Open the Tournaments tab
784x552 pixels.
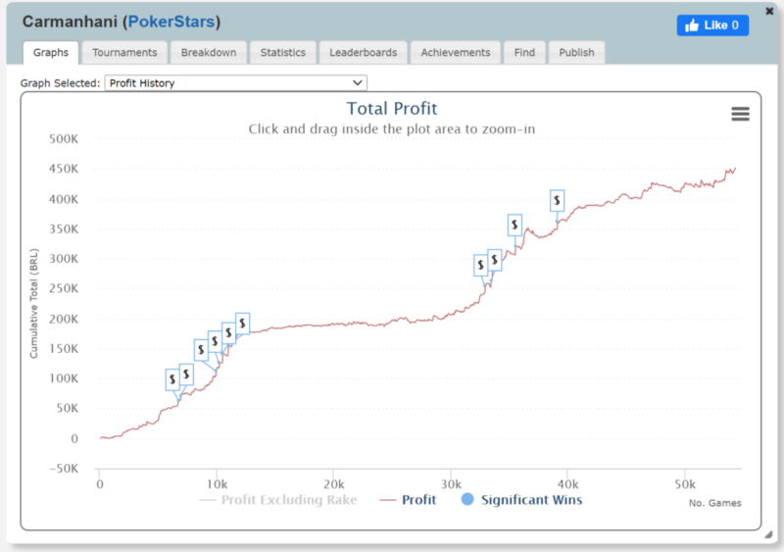coord(124,52)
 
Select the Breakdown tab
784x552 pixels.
coord(209,52)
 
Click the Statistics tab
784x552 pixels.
coord(282,52)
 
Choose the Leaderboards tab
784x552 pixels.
coord(363,52)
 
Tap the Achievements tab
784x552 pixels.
coord(456,52)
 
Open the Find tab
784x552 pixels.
coord(524,52)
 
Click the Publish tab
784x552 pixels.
coord(576,52)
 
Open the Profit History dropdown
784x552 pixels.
coord(235,83)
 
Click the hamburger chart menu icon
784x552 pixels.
coord(740,114)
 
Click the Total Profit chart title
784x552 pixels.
coord(392,109)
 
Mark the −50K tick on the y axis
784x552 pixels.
coord(61,469)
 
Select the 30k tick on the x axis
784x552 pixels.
coord(450,484)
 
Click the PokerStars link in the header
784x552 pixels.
coord(174,22)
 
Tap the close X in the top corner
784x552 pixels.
coord(769,11)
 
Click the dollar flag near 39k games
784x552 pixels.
coord(557,201)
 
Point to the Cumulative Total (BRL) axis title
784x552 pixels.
coord(34,304)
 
